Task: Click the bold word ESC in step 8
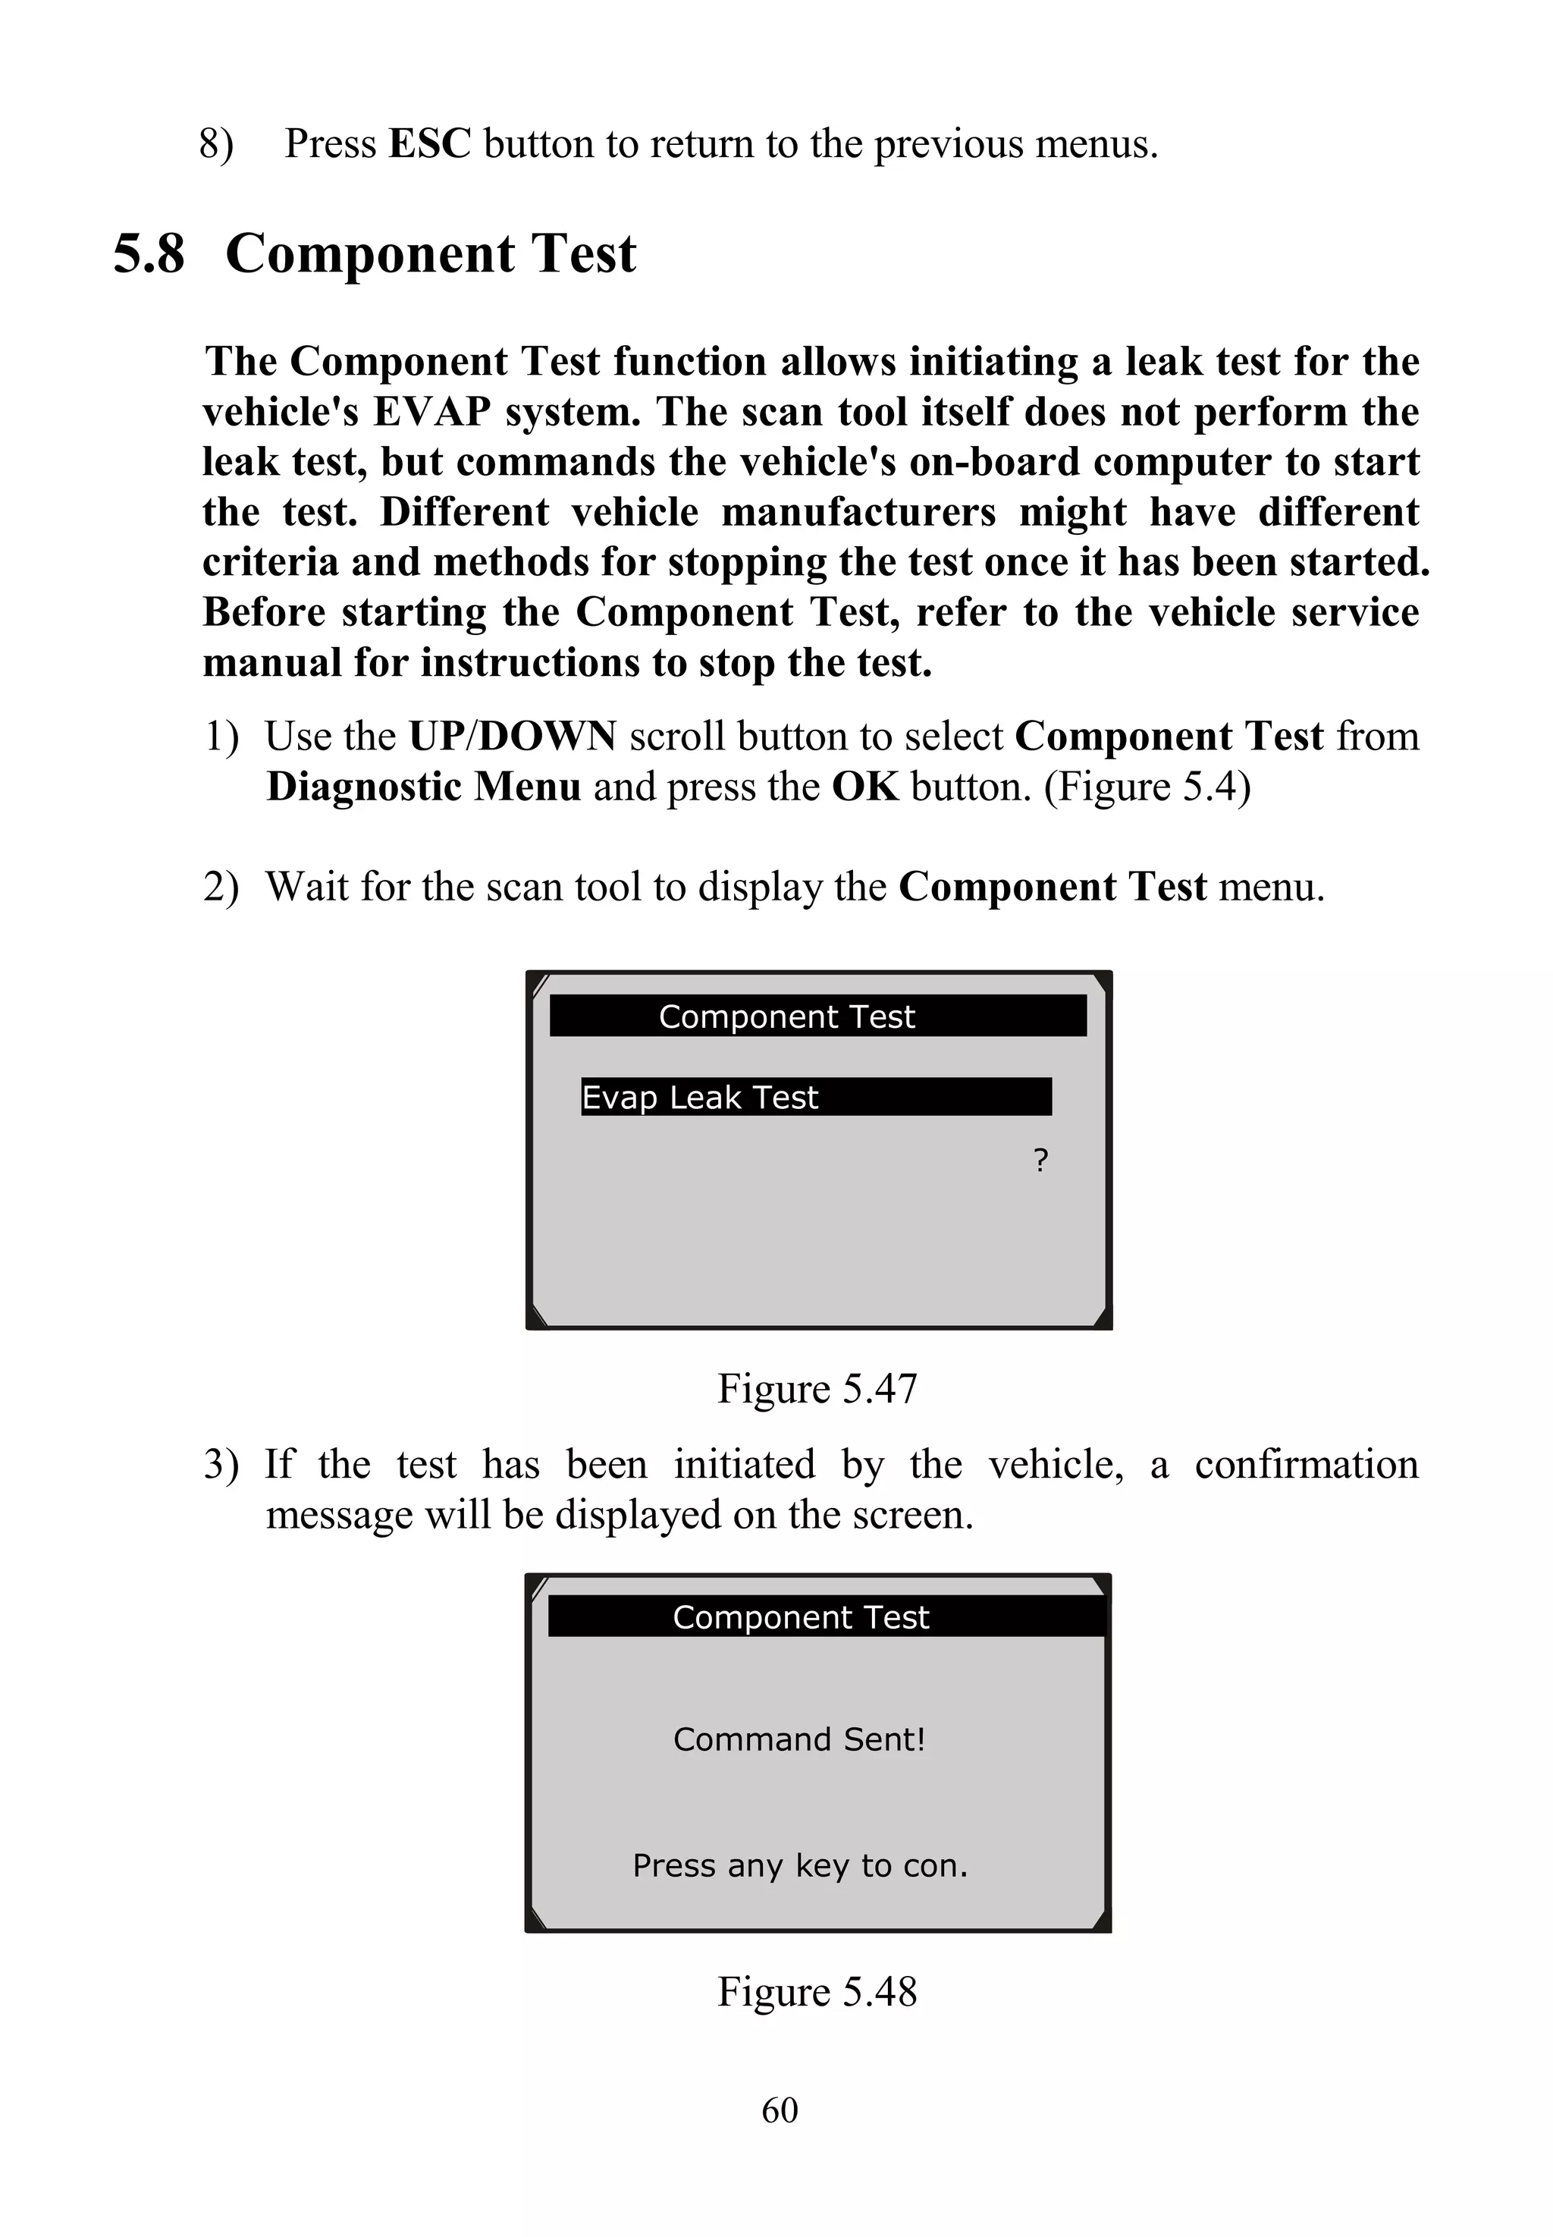[x=429, y=144]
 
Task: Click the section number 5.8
[x=149, y=254]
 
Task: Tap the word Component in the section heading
[x=370, y=254]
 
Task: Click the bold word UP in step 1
[x=436, y=737]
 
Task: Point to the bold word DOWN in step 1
[x=547, y=737]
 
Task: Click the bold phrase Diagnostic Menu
[x=423, y=787]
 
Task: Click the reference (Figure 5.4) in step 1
[x=1147, y=787]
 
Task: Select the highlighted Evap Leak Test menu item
[x=815, y=1097]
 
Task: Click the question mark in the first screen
[x=1040, y=1161]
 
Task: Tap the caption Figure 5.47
[x=817, y=1388]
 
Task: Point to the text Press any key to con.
[x=800, y=1865]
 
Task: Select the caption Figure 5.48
[x=817, y=1992]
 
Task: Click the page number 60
[x=780, y=2110]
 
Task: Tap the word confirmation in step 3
[x=1306, y=1465]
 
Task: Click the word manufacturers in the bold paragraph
[x=858, y=512]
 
